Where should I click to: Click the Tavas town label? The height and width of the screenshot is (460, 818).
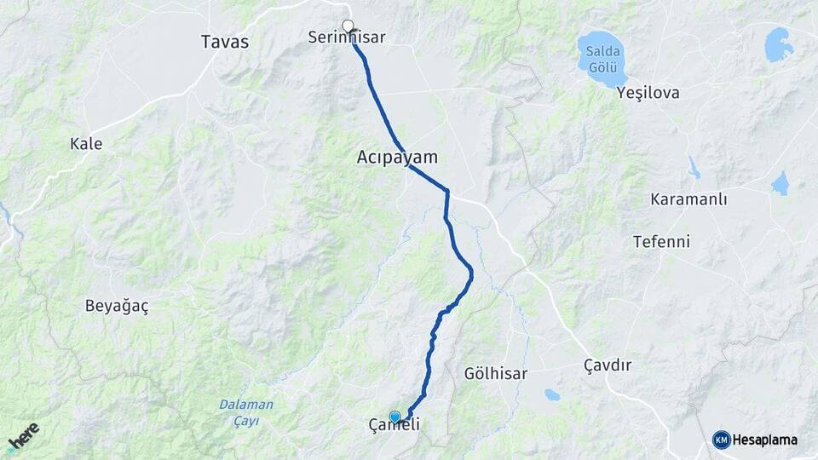point(225,41)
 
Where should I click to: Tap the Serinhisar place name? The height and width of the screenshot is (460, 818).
point(348,37)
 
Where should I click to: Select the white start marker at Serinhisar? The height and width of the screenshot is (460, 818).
point(348,26)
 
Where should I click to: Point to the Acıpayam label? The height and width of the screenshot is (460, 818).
point(397,158)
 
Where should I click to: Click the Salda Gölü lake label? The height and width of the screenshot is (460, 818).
point(602,60)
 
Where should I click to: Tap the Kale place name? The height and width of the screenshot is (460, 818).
point(86,144)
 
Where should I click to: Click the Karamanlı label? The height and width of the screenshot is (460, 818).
point(688,199)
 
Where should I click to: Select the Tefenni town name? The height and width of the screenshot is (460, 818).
point(661,242)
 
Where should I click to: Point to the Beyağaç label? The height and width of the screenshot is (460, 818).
point(117,307)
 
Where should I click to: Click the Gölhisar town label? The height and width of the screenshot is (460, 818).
point(497,373)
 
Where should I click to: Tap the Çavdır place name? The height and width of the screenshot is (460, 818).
point(608,365)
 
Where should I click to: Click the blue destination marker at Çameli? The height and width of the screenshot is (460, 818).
point(395,417)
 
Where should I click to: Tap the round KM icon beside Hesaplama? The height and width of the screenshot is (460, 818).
point(722,440)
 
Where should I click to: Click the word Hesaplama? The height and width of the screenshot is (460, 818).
point(765,440)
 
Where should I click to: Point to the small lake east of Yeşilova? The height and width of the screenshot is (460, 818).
point(778,44)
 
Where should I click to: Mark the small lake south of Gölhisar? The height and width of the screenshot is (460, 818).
point(552,394)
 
